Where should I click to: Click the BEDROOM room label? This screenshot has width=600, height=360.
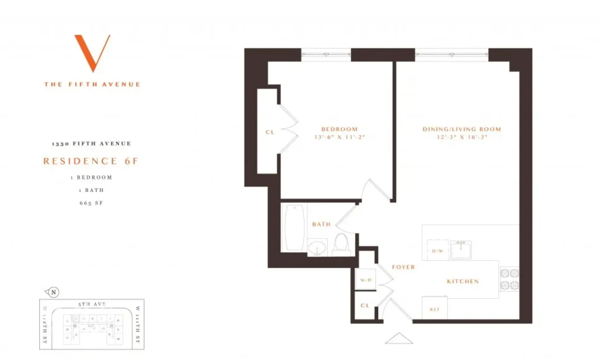click(339, 129)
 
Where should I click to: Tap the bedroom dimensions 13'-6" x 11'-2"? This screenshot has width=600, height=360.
click(339, 137)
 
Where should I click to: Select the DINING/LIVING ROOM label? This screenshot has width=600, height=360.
click(462, 129)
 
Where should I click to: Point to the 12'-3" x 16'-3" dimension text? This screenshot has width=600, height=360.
click(462, 137)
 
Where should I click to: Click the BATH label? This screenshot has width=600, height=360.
click(321, 224)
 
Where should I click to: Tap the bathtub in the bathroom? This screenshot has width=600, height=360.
click(294, 227)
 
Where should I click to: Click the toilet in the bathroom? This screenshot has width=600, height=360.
click(341, 242)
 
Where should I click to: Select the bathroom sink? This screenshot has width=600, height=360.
click(317, 248)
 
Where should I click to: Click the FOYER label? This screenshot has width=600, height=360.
click(403, 267)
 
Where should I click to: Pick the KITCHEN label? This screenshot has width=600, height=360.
click(463, 281)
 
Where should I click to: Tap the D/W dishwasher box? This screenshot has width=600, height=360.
click(438, 250)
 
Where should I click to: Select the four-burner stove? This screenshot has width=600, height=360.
click(509, 279)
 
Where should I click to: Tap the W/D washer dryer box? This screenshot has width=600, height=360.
click(366, 280)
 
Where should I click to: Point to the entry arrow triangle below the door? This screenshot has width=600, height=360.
click(399, 339)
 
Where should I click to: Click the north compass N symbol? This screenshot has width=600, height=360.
click(53, 292)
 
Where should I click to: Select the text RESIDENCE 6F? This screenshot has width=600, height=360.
click(91, 161)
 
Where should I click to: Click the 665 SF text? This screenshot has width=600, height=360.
click(91, 203)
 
